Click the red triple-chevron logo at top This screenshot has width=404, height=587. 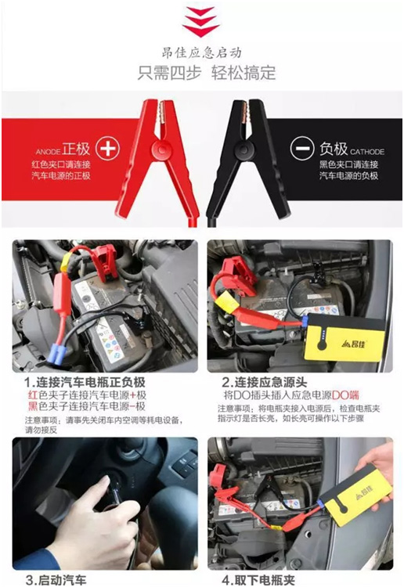point(200,21)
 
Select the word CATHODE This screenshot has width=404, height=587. point(363,151)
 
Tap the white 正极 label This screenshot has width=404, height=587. point(78,148)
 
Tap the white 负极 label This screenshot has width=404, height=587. point(330,148)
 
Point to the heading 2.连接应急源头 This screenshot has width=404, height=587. point(271,384)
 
